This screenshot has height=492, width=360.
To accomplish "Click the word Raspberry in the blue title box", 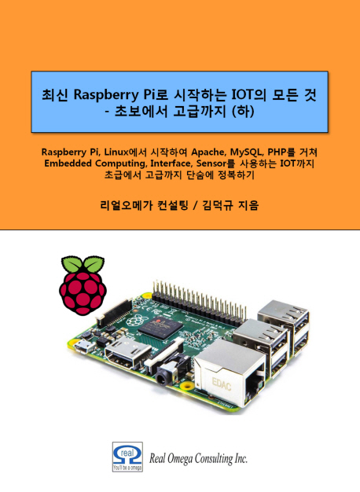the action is [x=106, y=95].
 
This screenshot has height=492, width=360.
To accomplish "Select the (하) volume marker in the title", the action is [x=242, y=112].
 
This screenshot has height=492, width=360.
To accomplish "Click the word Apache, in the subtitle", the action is [x=208, y=152].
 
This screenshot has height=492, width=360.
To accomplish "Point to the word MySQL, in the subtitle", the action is [x=247, y=152].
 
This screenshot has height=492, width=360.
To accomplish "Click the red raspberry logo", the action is [x=83, y=285].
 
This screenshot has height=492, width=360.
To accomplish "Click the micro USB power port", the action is [x=83, y=346].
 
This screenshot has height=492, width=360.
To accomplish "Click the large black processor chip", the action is [x=160, y=328].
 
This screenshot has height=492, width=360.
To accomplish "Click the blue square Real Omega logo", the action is [x=127, y=457].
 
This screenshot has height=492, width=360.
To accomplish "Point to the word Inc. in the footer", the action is [x=241, y=459].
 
